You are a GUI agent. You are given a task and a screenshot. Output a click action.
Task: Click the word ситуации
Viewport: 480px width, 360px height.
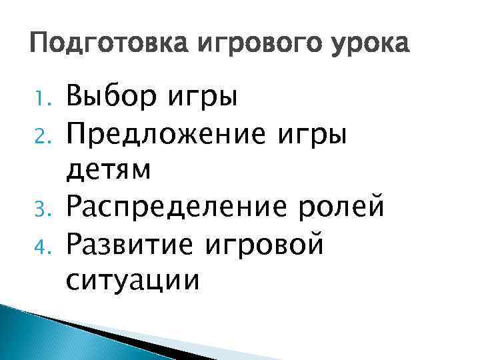pos(133,281)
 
